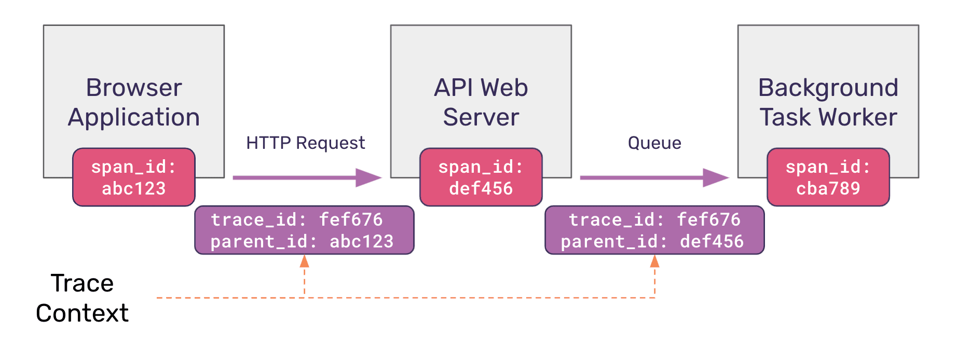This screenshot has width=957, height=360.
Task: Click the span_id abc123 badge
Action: pyautogui.click(x=134, y=177)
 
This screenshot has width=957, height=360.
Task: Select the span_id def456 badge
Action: pyautogui.click(x=481, y=177)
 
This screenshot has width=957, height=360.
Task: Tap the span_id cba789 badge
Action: pyautogui.click(x=828, y=177)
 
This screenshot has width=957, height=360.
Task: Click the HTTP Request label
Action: pyautogui.click(x=305, y=143)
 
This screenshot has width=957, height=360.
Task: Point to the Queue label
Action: pyautogui.click(x=654, y=143)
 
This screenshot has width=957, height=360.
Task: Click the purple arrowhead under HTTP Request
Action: pyautogui.click(x=369, y=177)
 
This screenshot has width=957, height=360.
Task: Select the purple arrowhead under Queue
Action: pyautogui.click(x=716, y=177)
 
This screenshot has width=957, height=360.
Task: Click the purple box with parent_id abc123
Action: pyautogui.click(x=304, y=230)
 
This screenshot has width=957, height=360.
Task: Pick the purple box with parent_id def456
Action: pyautogui.click(x=654, y=230)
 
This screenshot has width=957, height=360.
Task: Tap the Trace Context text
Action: pyautogui.click(x=82, y=298)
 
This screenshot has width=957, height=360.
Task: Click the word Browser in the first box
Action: pyautogui.click(x=134, y=88)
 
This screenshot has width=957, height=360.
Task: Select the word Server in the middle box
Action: pyautogui.click(x=481, y=117)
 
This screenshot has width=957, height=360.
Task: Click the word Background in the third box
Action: pyautogui.click(x=828, y=88)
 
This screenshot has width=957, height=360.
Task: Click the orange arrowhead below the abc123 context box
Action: pyautogui.click(x=305, y=261)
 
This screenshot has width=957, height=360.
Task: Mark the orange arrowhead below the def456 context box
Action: pyautogui.click(x=655, y=261)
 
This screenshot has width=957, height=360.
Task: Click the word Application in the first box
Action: pyautogui.click(x=134, y=117)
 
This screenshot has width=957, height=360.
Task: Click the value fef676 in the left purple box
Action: pyautogui.click(x=351, y=220)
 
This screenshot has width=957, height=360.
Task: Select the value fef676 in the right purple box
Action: pyautogui.click(x=709, y=220)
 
